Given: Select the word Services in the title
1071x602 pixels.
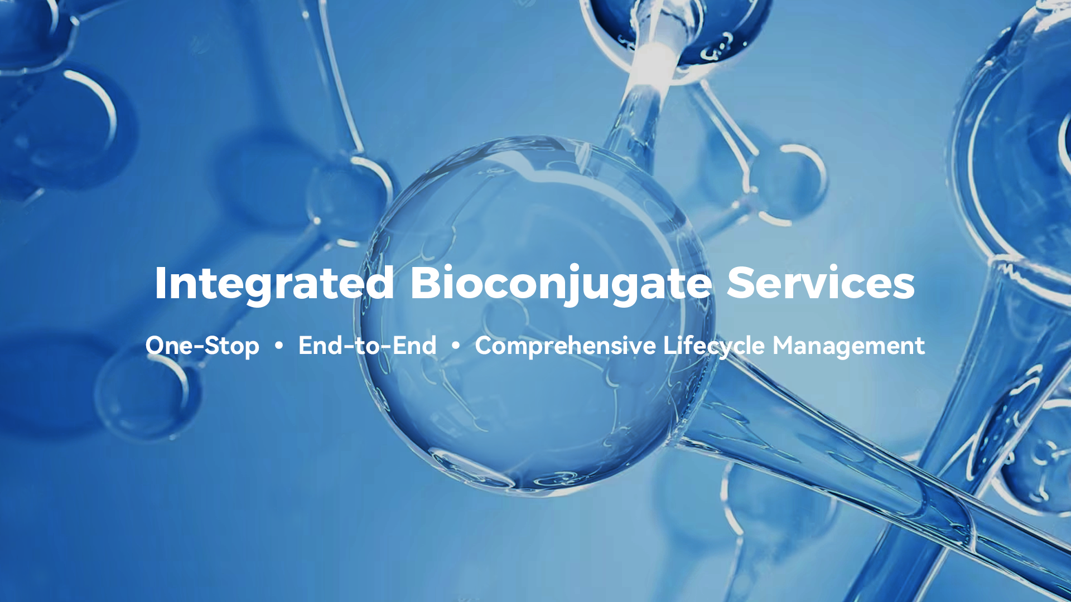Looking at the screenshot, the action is [x=821, y=283].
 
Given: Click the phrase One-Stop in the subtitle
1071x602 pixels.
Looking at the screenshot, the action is [x=202, y=346].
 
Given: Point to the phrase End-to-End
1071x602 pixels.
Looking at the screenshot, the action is [x=368, y=346].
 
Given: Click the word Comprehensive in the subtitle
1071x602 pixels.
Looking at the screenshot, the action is [x=566, y=346].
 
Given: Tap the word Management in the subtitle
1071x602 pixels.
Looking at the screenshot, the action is [x=848, y=346].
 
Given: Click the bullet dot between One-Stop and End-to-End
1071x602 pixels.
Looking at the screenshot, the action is [x=279, y=346].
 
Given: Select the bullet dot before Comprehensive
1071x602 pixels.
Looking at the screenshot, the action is [x=456, y=346].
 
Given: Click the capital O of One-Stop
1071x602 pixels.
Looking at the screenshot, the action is [x=156, y=346].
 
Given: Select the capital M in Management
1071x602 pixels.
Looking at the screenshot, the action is [x=785, y=346].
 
